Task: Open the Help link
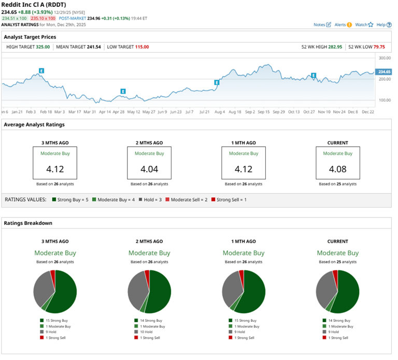[x=383, y=24]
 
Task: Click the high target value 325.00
[x=42, y=47]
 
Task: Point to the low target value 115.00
[x=141, y=47]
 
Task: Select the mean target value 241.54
[x=93, y=47]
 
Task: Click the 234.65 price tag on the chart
[x=384, y=71]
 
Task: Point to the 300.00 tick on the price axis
[x=384, y=59]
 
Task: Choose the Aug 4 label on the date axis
[x=220, y=111]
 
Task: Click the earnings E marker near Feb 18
[x=41, y=70]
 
